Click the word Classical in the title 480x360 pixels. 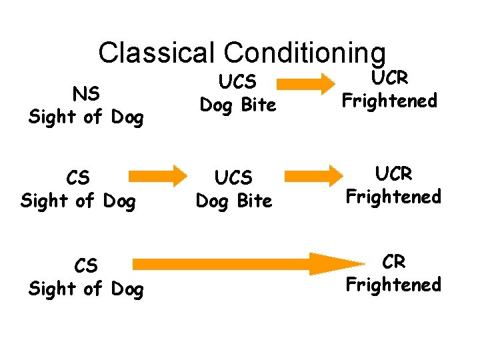click(157, 52)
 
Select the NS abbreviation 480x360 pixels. click(86, 95)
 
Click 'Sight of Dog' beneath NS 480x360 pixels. click(86, 117)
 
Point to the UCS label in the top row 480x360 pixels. click(237, 82)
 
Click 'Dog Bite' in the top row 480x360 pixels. click(237, 105)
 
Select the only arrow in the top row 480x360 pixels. click(306, 83)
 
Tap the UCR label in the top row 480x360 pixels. click(389, 77)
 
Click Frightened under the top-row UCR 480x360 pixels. click(389, 101)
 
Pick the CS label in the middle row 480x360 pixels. click(79, 178)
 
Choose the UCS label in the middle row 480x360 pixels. click(234, 178)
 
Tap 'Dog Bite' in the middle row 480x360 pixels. click(234, 201)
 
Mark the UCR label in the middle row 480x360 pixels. click(393, 174)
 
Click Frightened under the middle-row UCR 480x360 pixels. click(393, 197)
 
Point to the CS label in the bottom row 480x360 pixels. click(86, 266)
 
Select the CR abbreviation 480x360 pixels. click(393, 262)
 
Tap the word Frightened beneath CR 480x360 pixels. click(393, 285)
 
